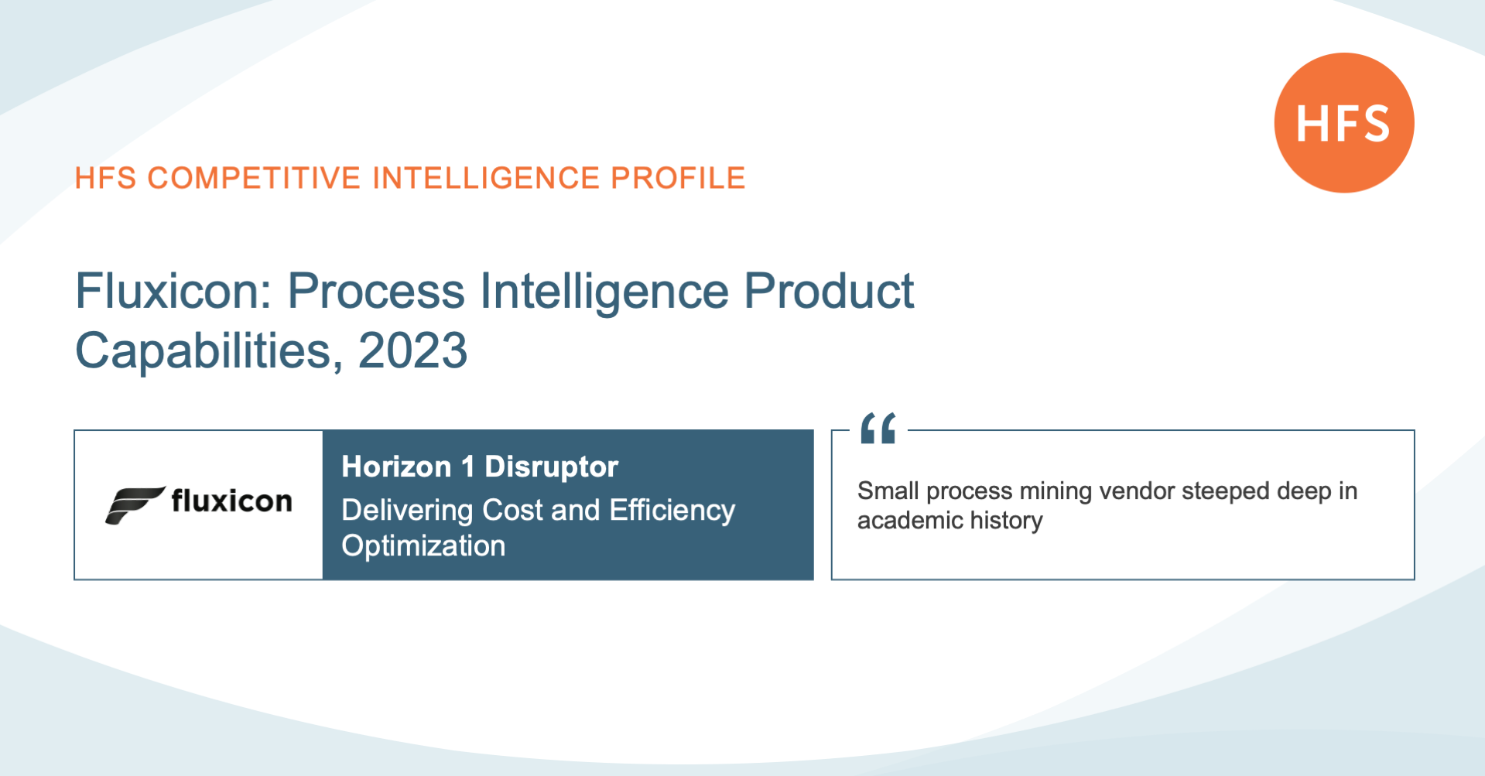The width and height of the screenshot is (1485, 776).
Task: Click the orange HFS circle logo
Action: (1344, 123)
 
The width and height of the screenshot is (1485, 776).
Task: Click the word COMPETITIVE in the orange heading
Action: (254, 178)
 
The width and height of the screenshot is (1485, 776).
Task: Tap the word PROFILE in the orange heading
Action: (678, 178)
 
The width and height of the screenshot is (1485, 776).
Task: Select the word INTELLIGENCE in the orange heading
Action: (486, 178)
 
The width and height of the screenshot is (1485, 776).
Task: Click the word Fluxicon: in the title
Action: (173, 292)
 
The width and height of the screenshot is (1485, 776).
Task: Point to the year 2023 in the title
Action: (412, 350)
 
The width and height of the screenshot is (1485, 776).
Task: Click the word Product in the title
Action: (829, 292)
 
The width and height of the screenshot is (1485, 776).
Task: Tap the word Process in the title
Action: (376, 292)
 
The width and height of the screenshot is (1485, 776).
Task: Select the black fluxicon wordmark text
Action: (231, 501)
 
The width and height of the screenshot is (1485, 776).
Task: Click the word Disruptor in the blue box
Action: (551, 467)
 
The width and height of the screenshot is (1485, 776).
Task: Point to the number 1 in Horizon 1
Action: (467, 467)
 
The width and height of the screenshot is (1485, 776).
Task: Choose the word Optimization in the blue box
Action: (423, 546)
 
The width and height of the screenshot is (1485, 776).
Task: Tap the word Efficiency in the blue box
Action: (672, 511)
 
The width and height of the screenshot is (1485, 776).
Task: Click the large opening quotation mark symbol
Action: (878, 428)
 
